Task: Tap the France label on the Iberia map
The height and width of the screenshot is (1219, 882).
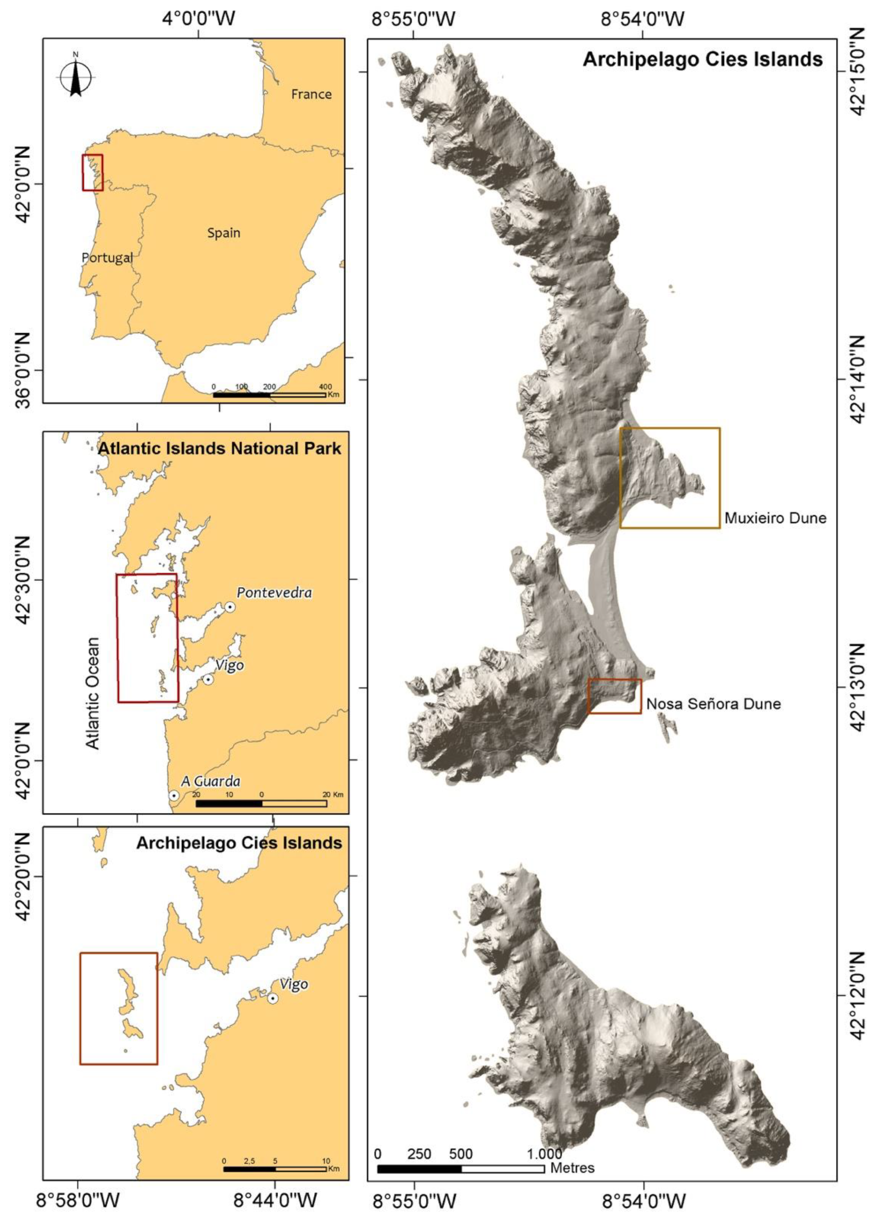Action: (x=311, y=94)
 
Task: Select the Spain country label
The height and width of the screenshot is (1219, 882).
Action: (x=224, y=233)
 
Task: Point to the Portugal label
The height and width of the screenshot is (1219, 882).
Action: (x=107, y=257)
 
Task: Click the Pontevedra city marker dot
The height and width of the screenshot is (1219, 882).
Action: (x=230, y=607)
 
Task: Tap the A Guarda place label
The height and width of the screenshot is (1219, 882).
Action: (x=210, y=781)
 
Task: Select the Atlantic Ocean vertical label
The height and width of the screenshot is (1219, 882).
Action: (x=93, y=693)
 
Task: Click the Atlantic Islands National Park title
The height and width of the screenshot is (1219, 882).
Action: (x=219, y=448)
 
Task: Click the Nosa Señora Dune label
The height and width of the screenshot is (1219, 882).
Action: (x=713, y=704)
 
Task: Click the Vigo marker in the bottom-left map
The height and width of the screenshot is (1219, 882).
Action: (x=273, y=998)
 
